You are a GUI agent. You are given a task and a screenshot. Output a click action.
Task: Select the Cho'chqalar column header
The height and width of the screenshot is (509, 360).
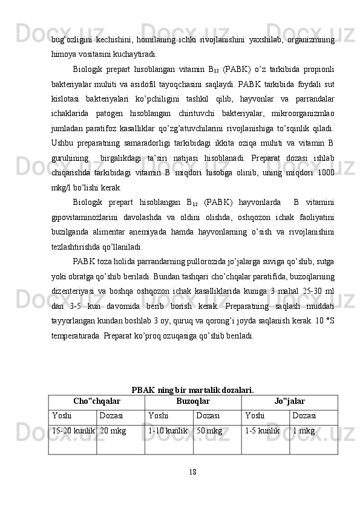click(x=96, y=401)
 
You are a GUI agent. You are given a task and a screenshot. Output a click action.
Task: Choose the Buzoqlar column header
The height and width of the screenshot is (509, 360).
click(x=193, y=401)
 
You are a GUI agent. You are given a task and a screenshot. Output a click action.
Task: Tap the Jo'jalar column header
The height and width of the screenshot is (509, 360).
click(x=289, y=401)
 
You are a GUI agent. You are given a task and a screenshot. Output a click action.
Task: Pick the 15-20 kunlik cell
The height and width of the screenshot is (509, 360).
click(x=72, y=430)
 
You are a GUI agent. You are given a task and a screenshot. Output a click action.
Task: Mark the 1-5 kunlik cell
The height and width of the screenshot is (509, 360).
click(x=262, y=430)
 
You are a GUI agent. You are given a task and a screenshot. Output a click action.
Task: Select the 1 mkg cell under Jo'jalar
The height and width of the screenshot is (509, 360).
click(x=303, y=430)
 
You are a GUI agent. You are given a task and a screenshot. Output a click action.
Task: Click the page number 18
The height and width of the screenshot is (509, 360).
click(x=192, y=471)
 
